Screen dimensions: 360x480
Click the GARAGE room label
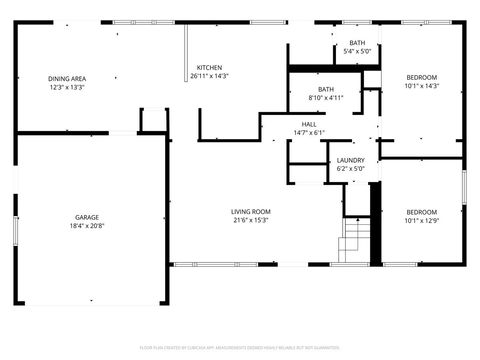pyautogui.click(x=87, y=217)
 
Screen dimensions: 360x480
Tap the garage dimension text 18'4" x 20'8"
pyautogui.click(x=87, y=226)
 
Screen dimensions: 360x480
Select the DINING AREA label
pyautogui.click(x=67, y=78)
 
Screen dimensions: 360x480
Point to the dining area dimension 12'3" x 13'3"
pyautogui.click(x=67, y=87)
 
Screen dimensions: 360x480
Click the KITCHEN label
pyautogui.click(x=209, y=67)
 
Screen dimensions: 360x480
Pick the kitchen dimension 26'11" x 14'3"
pyautogui.click(x=209, y=76)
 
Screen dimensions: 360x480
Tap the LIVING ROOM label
pyautogui.click(x=251, y=211)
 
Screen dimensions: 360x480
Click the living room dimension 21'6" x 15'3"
pyautogui.click(x=251, y=220)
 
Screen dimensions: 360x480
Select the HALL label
pyautogui.click(x=309, y=124)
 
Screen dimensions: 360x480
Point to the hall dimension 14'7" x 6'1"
pyautogui.click(x=309, y=133)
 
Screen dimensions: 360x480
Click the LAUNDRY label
pyautogui.click(x=350, y=160)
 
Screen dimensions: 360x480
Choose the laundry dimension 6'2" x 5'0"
pyautogui.click(x=350, y=169)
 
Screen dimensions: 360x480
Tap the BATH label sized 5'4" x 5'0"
pyautogui.click(x=357, y=43)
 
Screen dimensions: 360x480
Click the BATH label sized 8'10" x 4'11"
pyautogui.click(x=325, y=89)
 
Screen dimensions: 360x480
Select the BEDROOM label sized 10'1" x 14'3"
pyautogui.click(x=421, y=77)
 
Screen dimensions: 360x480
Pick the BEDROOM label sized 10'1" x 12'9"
pyautogui.click(x=421, y=211)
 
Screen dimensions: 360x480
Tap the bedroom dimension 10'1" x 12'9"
pyautogui.click(x=421, y=220)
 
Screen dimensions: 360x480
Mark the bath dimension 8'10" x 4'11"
pyautogui.click(x=325, y=98)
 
